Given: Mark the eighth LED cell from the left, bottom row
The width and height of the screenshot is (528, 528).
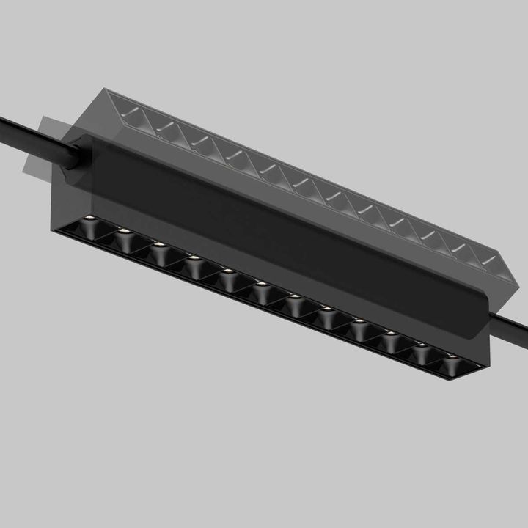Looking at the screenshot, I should click(x=327, y=313).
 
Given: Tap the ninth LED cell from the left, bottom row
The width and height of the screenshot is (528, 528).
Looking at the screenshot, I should click(x=359, y=324).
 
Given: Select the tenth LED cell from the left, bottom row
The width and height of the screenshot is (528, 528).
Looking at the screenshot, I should click(x=391, y=337).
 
